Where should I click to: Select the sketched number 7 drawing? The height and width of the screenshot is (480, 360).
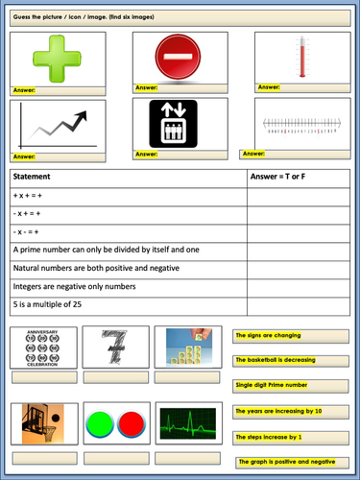pos(116,347)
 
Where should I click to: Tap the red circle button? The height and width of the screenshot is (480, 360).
pos(129,423)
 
